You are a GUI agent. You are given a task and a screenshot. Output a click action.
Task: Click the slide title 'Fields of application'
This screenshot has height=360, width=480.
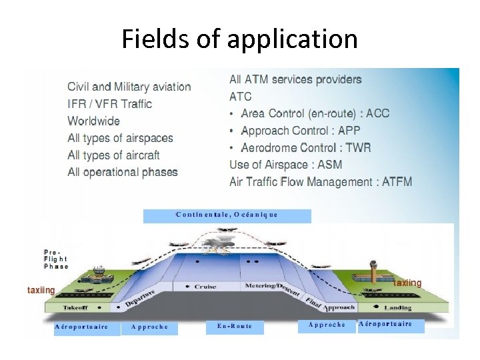pos(239,39)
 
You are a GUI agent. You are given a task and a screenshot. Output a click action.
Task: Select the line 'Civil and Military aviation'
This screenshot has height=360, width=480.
pos(129,87)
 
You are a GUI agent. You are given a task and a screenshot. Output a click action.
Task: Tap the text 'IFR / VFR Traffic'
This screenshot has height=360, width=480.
pos(109,104)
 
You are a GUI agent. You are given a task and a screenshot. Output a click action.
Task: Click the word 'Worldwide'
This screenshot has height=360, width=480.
pos(93,121)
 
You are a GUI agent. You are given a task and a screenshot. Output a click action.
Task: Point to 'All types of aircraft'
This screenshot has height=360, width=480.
pos(113,155)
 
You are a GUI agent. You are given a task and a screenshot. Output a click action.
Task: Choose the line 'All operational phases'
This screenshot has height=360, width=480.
pos(123,172)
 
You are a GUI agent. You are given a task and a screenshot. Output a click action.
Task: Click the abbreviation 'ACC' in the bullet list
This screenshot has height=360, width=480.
pos(377,113)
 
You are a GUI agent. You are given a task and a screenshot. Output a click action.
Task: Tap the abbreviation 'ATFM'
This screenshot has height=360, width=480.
pos(397,181)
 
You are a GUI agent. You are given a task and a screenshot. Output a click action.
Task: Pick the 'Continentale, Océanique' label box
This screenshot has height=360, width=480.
pos(227,215)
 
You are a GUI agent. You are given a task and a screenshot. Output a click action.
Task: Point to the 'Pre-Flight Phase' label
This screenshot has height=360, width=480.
pos(56,259)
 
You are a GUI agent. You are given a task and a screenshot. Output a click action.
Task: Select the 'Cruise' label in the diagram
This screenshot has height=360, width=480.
pos(205,287)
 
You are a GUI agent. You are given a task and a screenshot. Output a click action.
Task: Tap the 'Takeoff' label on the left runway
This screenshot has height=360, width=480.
pos(75,308)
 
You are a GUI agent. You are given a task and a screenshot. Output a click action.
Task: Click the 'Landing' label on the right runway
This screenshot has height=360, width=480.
pos(397,307)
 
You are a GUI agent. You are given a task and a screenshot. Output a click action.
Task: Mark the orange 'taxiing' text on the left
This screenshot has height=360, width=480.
pos(41,290)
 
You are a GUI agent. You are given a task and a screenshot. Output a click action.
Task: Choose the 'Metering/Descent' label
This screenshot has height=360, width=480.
pos(270,287)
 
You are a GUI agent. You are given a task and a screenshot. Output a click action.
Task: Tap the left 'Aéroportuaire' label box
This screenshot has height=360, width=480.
pos(81,327)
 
